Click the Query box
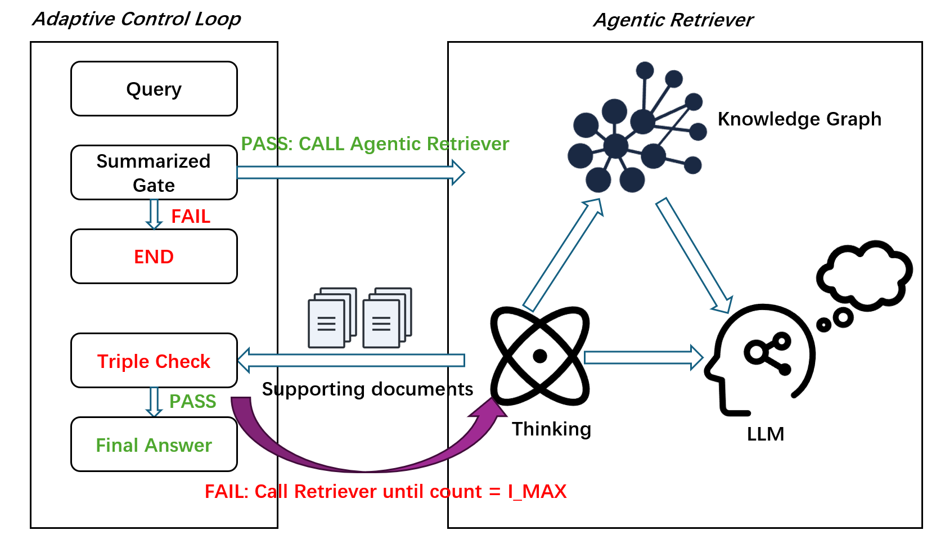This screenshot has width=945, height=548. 154,89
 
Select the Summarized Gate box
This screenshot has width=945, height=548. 154,173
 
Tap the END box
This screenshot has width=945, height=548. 154,257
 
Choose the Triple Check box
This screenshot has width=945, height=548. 154,361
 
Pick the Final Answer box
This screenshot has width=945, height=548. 154,444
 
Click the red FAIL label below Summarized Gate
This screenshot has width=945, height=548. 191,217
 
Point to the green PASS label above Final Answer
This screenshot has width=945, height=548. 193,402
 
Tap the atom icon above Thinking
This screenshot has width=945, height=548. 540,356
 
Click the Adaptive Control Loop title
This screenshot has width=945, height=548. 137,19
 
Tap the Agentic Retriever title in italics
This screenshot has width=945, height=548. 673,20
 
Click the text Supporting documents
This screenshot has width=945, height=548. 367,389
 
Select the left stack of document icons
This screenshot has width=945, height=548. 332,318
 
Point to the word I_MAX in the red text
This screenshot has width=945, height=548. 537,492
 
